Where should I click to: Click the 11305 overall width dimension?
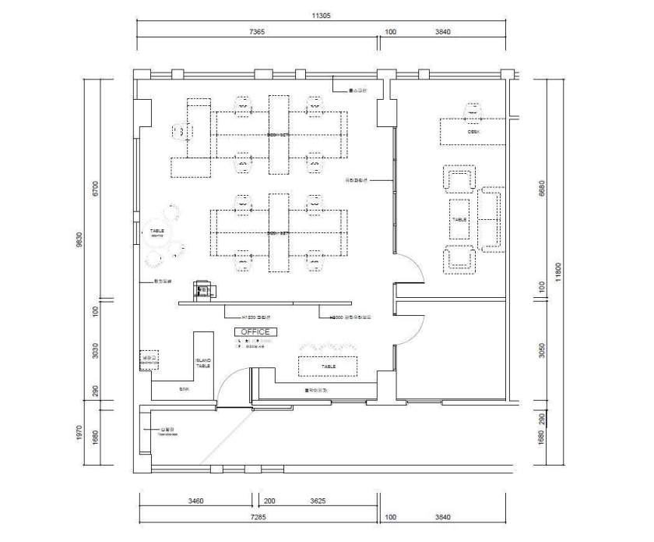click(322, 16)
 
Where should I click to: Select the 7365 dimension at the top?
click(257, 32)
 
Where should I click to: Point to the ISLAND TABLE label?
click(202, 363)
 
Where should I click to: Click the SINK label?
click(185, 388)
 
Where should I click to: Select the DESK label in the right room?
click(473, 132)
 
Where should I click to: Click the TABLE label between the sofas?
click(459, 220)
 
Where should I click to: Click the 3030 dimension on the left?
click(95, 352)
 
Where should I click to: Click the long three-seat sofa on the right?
click(490, 218)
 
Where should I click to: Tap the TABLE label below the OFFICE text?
click(329, 365)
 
